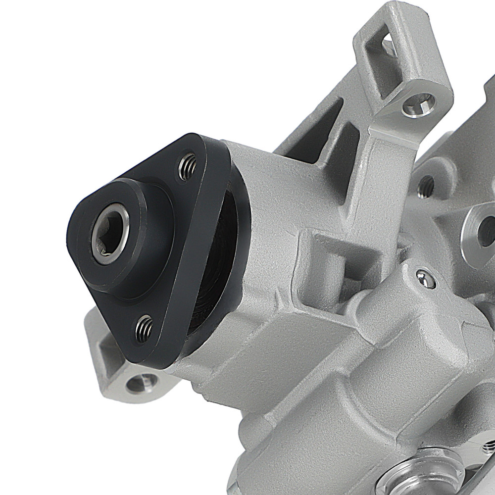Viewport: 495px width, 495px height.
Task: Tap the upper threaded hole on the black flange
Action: pos(187,167)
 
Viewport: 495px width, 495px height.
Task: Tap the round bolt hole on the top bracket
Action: pos(418,104)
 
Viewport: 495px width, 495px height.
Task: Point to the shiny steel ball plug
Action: pos(424,279)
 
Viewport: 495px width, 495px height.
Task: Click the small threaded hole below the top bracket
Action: pos(426,185)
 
